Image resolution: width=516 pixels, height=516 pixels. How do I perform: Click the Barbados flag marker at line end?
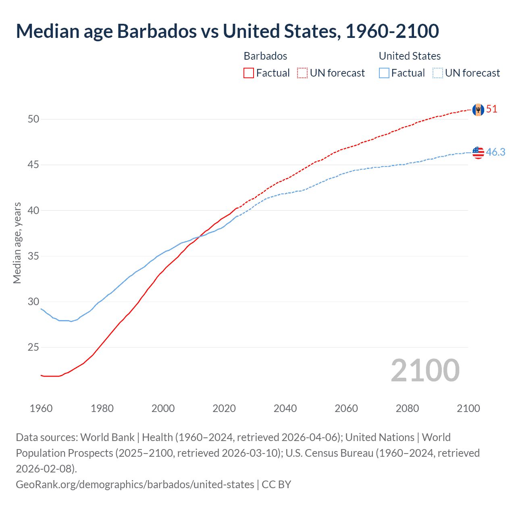pyautogui.click(x=478, y=110)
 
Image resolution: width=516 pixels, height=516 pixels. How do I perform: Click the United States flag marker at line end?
pyautogui.click(x=478, y=152)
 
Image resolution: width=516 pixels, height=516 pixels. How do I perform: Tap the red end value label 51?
pyautogui.click(x=492, y=109)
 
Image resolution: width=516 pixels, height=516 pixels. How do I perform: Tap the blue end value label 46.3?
pyautogui.click(x=495, y=152)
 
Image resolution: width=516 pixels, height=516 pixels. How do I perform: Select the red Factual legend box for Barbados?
pyautogui.click(x=249, y=73)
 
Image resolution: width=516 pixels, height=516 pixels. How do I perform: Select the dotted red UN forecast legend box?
pyautogui.click(x=302, y=73)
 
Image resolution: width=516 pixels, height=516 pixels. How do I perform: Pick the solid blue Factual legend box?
pyautogui.click(x=384, y=73)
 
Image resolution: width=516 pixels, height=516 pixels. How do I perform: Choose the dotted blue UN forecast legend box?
pyautogui.click(x=438, y=73)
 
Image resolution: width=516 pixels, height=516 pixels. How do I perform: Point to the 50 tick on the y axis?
pyautogui.click(x=33, y=119)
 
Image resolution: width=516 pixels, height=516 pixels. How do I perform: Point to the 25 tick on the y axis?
pyautogui.click(x=33, y=347)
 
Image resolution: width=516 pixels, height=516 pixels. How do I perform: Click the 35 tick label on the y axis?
pyautogui.click(x=33, y=256)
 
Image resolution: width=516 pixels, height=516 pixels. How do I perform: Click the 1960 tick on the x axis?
pyautogui.click(x=41, y=408)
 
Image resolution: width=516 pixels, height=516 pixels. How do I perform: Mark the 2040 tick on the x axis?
pyautogui.click(x=285, y=408)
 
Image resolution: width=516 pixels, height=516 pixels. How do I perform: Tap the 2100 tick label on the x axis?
pyautogui.click(x=468, y=408)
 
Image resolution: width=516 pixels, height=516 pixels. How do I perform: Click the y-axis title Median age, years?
pyautogui.click(x=17, y=243)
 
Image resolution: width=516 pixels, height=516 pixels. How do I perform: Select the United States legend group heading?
pyautogui.click(x=410, y=56)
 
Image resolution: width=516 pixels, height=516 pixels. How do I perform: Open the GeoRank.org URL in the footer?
pyautogui.click(x=135, y=484)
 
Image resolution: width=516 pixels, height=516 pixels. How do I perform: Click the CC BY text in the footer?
pyautogui.click(x=277, y=484)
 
